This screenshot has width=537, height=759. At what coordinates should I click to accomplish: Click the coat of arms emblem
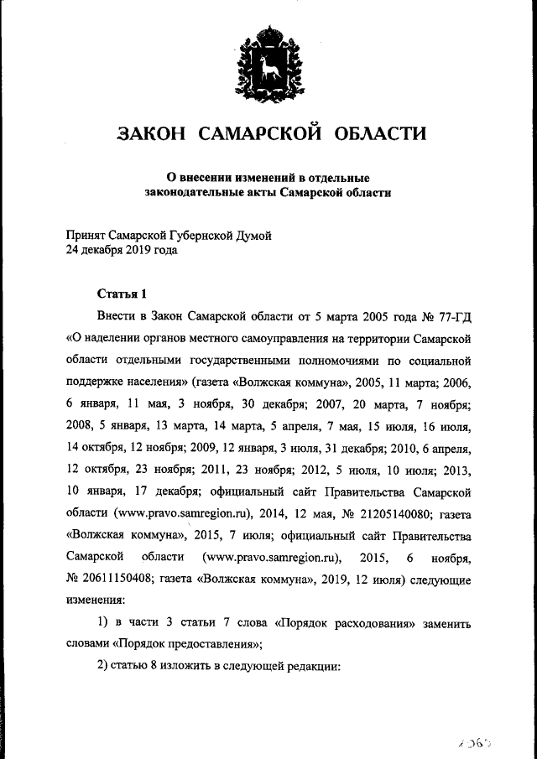(x=268, y=61)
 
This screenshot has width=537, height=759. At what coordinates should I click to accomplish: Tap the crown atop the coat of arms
(x=268, y=34)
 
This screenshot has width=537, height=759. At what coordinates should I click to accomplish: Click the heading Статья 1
(x=123, y=294)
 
